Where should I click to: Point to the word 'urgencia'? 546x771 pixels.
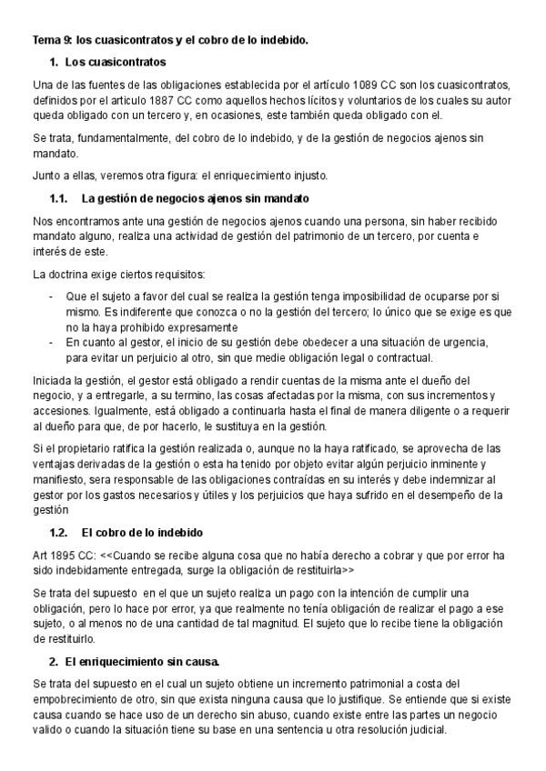(x=469, y=343)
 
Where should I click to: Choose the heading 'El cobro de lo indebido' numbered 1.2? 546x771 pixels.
(x=142, y=532)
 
